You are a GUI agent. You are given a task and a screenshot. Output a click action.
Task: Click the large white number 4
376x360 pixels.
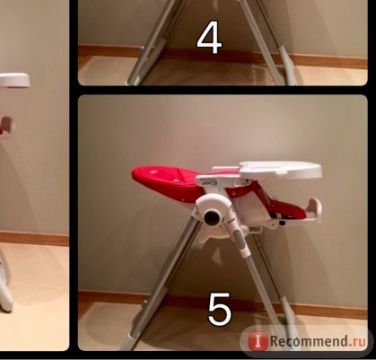pyautogui.click(x=209, y=39)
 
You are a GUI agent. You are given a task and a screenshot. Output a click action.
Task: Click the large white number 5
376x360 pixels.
pyautogui.click(x=220, y=309)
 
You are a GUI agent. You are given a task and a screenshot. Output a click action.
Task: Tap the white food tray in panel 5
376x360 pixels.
pyautogui.click(x=281, y=171)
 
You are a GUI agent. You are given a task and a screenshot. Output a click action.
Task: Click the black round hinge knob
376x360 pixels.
pyautogui.click(x=212, y=217)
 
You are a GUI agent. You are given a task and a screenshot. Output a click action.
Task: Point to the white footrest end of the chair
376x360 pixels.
pyautogui.click(x=315, y=211)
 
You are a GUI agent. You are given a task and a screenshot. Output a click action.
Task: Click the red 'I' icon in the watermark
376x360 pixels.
pyautogui.click(x=258, y=341)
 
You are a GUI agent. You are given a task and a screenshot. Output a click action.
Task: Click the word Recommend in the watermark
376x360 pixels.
pyautogui.click(x=305, y=341)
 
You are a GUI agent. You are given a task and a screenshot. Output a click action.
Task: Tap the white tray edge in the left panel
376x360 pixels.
pyautogui.click(x=14, y=80)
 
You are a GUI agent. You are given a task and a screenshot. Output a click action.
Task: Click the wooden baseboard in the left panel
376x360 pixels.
pyautogui.click(x=34, y=239)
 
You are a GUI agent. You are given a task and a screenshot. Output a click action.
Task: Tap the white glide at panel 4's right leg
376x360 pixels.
pyautogui.click(x=288, y=65)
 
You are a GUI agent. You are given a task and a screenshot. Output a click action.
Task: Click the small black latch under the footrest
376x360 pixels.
pyautogui.click(x=282, y=223)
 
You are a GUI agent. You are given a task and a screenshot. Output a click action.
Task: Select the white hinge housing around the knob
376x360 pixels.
pyautogui.click(x=213, y=210)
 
